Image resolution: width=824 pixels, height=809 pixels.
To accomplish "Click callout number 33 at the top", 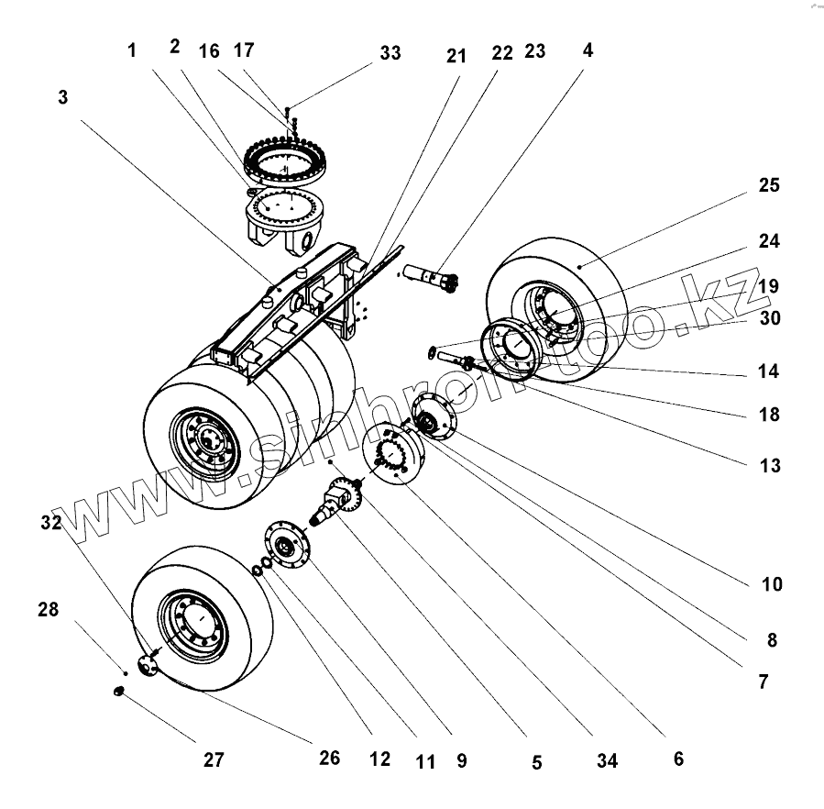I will pos(390,53).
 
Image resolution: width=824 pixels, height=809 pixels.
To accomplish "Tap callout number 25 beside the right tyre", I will pos(769,185).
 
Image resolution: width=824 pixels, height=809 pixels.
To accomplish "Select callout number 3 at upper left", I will pos(62,97).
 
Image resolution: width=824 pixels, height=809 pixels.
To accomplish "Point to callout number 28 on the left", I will pos(48,609).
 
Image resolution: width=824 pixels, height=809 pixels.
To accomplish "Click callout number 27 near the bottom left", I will pos(213,759).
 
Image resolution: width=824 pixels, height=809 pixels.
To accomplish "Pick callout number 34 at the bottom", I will pos(606,760).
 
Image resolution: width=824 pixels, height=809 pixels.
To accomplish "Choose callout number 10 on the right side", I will pos(772,584).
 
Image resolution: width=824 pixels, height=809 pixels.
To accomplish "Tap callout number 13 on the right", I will pos(770,465).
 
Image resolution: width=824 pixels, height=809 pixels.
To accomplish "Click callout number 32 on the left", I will pos(51,523).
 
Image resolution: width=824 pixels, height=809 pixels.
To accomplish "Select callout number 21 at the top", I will pos(456,56).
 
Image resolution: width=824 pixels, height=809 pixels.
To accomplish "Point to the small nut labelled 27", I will pos(118,690).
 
